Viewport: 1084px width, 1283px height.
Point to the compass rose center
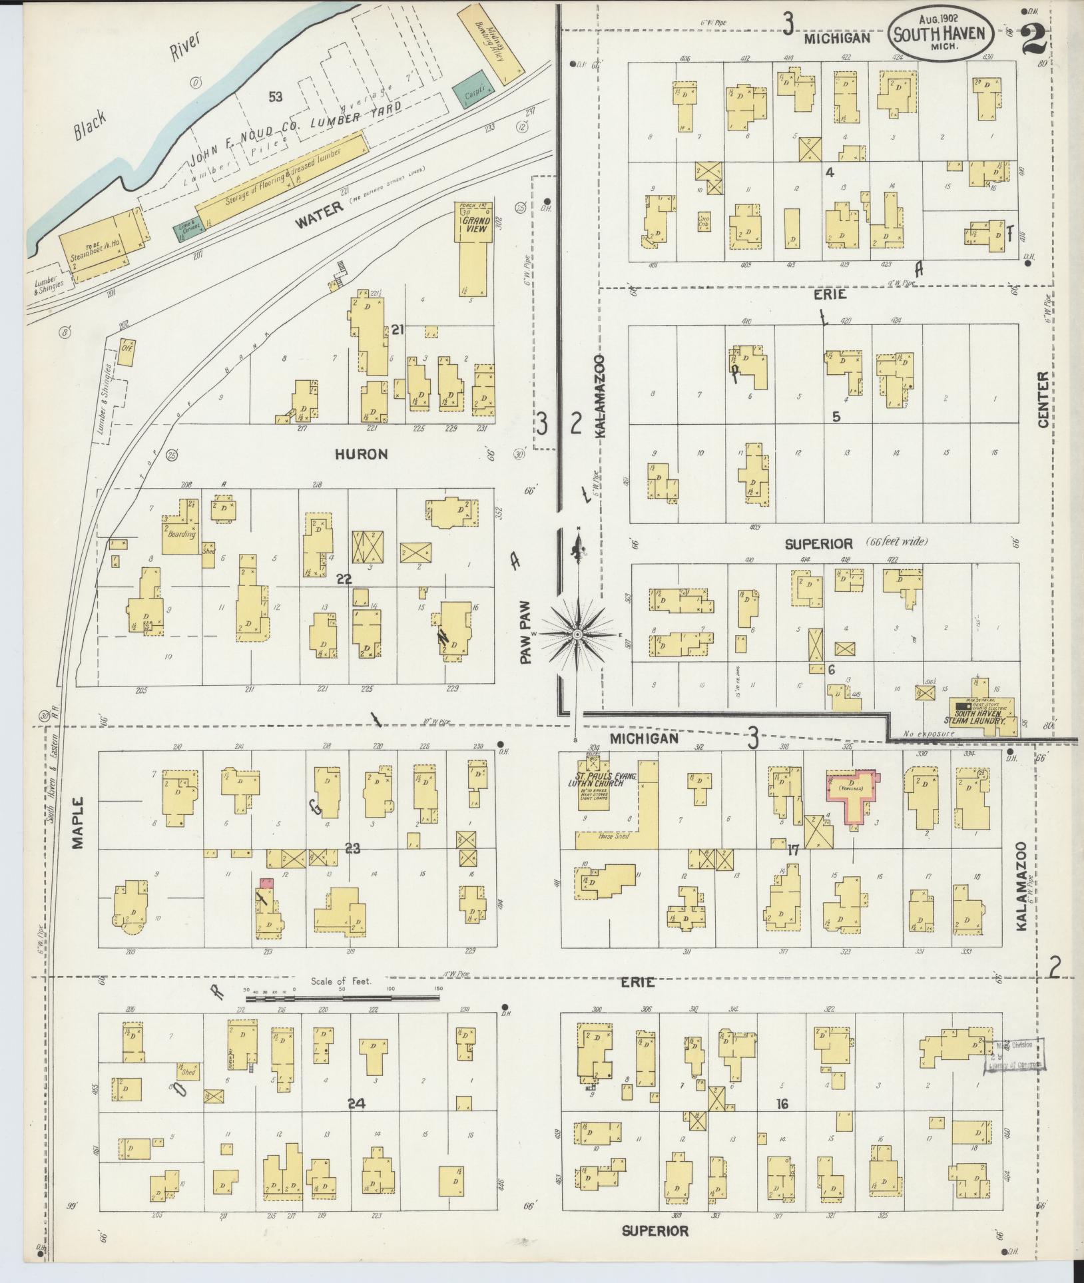point(577,635)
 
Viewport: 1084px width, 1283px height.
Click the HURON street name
point(361,455)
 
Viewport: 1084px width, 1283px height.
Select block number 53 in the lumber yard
point(275,97)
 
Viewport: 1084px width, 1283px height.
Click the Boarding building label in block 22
point(182,533)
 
